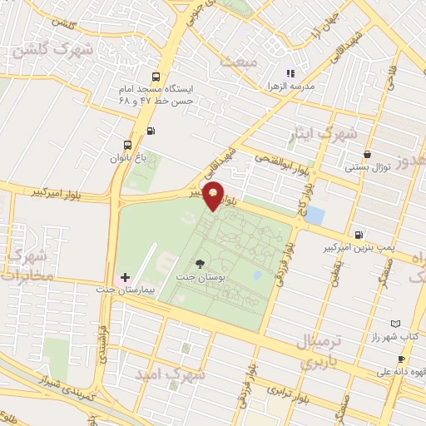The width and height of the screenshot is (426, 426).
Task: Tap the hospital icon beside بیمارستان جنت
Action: pos(125,277)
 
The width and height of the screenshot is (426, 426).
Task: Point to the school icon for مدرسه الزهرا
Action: pos(291,73)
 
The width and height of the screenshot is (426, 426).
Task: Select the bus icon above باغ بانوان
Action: pos(126,142)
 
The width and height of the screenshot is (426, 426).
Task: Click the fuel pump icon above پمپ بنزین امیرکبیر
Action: pos(358,235)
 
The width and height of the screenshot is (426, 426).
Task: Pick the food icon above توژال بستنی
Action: pos(367,154)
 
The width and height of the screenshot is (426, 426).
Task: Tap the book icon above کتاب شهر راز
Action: pos(395,324)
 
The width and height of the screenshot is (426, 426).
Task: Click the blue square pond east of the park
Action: pos(315,216)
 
